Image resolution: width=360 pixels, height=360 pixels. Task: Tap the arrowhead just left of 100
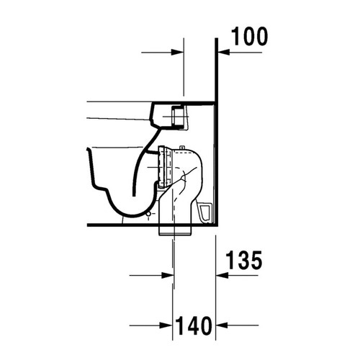[x=222, y=52]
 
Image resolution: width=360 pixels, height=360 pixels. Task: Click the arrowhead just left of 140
[x=176, y=325]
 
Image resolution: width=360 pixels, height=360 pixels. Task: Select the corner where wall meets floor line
[x=217, y=225]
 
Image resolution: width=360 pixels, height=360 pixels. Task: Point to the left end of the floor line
[x=87, y=225]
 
